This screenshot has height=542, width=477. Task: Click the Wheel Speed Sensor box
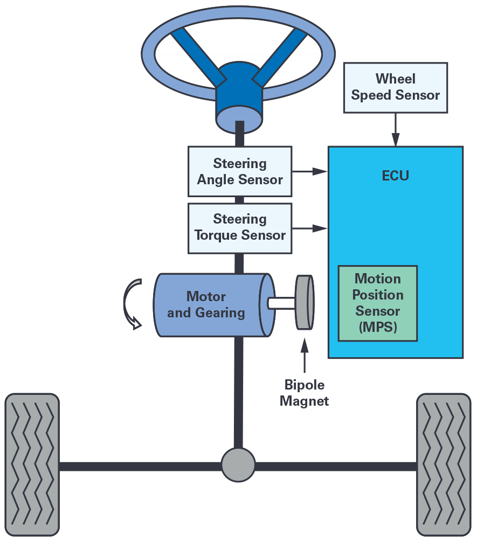coord(396,87)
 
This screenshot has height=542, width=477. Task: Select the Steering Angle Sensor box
coord(240,171)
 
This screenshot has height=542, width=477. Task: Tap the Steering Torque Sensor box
coord(240,228)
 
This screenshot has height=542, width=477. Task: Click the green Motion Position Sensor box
coord(378,303)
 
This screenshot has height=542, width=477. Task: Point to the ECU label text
coord(395,176)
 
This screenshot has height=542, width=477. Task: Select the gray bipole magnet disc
coord(304,302)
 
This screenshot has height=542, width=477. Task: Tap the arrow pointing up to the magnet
coord(305,356)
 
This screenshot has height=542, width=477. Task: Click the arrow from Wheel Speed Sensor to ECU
coord(396,129)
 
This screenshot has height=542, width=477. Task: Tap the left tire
coord(32,464)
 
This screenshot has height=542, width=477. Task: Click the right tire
coord(444,464)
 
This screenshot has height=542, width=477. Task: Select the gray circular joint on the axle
coord(238,464)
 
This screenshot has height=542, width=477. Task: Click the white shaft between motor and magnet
coord(280,303)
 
